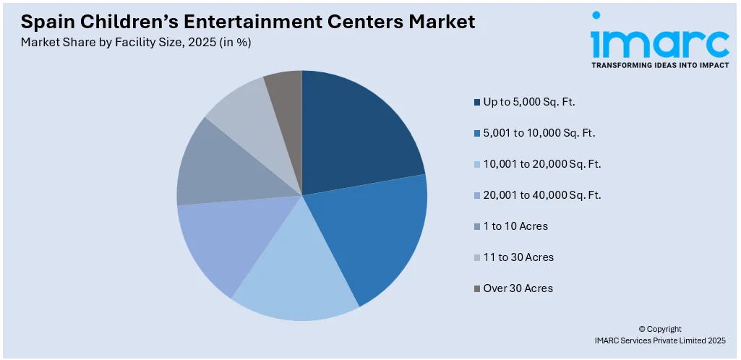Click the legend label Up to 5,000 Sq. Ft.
(529, 102)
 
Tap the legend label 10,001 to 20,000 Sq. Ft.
(542, 164)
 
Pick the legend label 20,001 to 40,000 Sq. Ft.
(542, 195)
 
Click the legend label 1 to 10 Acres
(515, 226)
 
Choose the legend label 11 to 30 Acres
(518, 257)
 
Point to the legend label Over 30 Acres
(518, 288)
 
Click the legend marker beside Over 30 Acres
(477, 289)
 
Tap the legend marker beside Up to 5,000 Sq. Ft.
(477, 103)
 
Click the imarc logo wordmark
(659, 43)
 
